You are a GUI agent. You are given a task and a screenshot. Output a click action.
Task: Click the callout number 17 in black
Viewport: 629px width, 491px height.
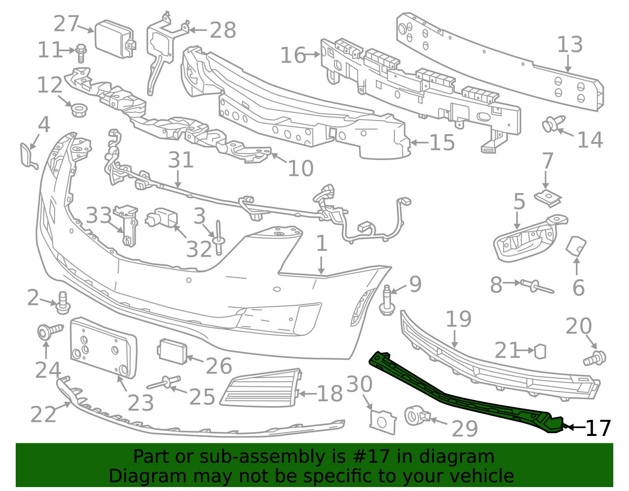pos(598,428)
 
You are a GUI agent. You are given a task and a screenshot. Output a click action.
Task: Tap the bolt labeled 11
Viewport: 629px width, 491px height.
pos(81,53)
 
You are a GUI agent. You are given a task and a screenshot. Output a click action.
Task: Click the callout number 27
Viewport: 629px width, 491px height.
pos(66,24)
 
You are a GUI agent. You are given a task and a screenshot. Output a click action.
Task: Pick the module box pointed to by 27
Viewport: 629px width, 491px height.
pos(115,39)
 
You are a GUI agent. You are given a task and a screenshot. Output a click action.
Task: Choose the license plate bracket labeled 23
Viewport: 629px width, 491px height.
pos(103,348)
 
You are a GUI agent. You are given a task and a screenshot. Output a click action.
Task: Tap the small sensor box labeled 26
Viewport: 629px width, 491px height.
pos(172,351)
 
